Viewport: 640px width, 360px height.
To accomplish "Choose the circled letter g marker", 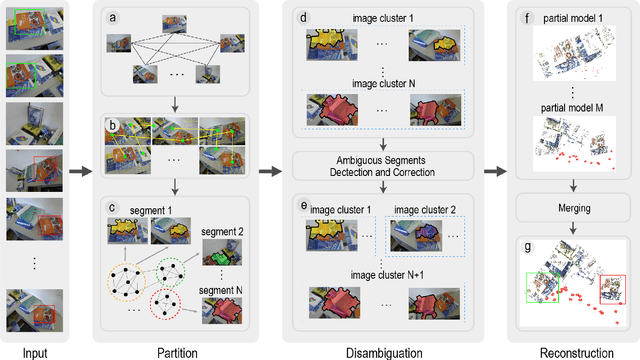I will (527, 246).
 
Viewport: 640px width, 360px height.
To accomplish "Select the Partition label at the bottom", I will (176, 351).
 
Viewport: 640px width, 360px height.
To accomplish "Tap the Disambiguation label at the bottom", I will (384, 351).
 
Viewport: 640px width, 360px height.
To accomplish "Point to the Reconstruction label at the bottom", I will (574, 351).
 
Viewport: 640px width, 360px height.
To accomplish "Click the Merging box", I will (574, 209).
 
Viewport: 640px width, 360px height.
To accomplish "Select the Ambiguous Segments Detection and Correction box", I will (384, 165).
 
